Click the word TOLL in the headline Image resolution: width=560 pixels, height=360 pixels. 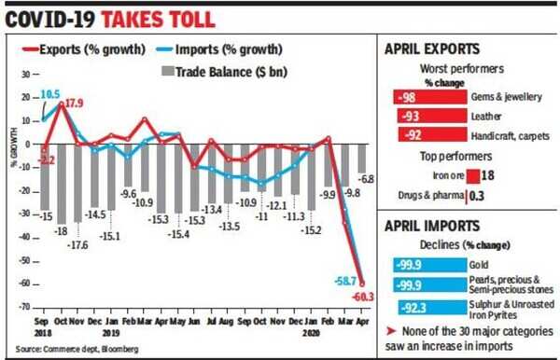point(185,17)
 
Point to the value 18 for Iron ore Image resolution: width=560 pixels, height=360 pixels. point(486,174)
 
